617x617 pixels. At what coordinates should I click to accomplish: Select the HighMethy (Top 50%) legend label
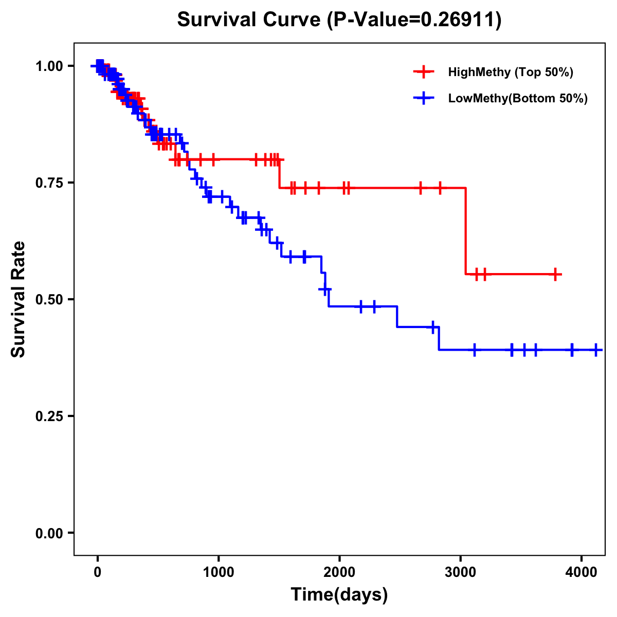click(510, 72)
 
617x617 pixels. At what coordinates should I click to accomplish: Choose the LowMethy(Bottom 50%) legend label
click(518, 98)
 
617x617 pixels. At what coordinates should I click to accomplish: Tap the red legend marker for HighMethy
click(424, 72)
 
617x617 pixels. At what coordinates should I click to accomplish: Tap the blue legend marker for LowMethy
click(424, 98)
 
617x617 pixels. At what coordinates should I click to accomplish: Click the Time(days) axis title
click(339, 595)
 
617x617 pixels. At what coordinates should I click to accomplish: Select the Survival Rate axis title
click(19, 299)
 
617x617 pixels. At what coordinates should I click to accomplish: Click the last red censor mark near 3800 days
click(555, 274)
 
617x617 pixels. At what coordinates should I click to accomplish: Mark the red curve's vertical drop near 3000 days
click(466, 231)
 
